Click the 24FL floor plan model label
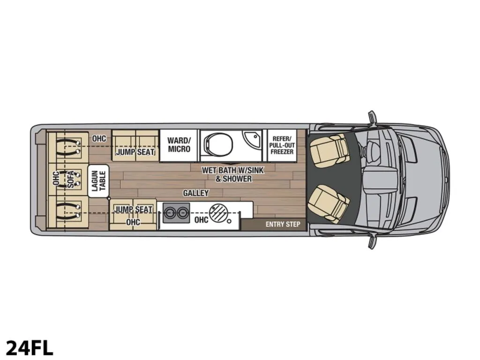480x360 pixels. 30,348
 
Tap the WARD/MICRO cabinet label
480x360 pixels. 179,145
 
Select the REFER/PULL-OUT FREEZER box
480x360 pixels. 282,145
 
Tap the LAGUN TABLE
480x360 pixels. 98,180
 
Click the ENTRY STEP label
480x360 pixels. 283,225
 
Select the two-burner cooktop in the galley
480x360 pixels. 176,212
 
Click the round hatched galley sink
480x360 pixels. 218,212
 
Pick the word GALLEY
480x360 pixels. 196,193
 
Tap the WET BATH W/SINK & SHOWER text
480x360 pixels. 233,174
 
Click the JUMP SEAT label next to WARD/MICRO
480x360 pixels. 135,152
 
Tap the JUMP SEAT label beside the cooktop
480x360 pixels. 133,210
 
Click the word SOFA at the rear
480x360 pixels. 71,180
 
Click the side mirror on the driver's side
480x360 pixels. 372,118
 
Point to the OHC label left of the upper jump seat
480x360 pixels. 99,139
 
